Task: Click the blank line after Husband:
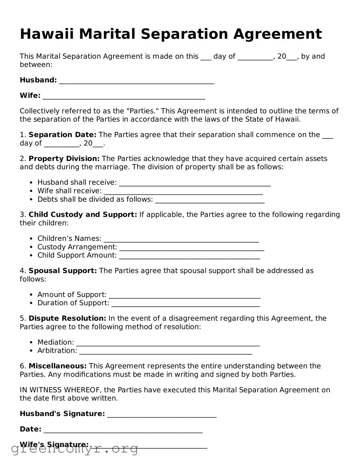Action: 137,81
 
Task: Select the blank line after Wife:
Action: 124,96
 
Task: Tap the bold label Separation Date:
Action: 62,135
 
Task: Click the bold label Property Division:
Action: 64,158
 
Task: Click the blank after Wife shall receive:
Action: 183,192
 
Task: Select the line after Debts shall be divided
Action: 210,200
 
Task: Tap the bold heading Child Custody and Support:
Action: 83,215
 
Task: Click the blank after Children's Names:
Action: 181,239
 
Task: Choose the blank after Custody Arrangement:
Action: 192,248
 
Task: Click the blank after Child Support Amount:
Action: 190,256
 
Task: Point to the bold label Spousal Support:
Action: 63,271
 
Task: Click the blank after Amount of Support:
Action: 185,295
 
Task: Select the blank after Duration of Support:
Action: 186,304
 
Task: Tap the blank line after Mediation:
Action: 168,343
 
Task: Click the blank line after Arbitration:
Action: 165,352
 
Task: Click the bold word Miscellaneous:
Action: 58,366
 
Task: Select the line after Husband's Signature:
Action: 162,415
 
